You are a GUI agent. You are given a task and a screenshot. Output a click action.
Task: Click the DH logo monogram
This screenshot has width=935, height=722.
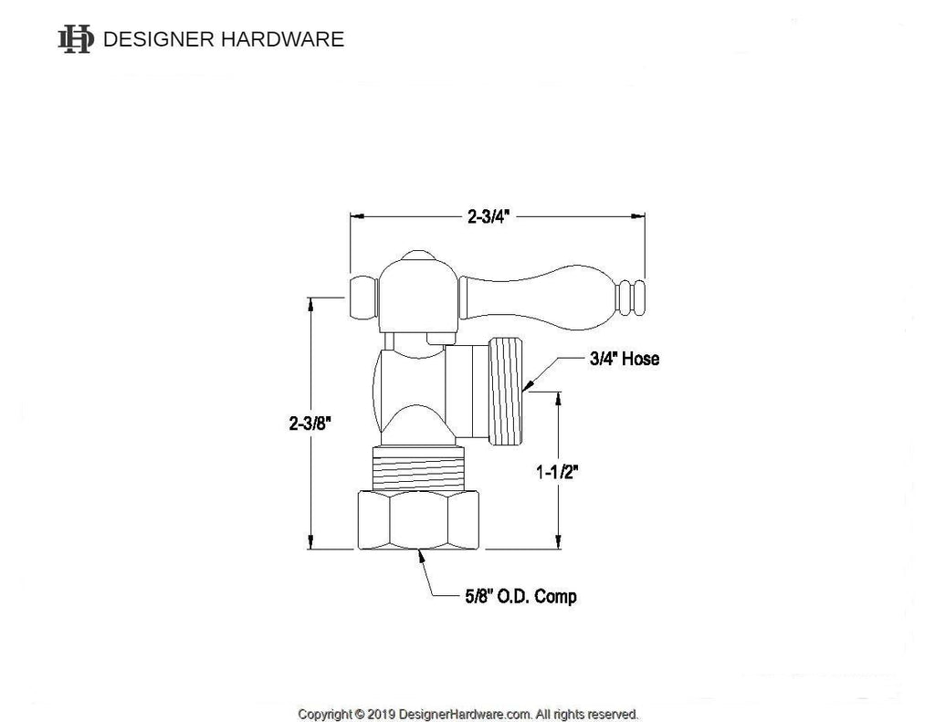76,39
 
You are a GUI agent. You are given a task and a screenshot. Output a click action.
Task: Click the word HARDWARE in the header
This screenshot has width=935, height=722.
283,39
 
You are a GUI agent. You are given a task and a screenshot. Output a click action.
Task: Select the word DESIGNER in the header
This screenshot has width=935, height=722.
159,39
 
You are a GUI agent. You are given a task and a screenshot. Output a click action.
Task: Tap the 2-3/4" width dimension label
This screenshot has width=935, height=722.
489,216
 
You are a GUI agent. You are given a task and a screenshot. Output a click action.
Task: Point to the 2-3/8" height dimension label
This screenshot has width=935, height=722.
310,424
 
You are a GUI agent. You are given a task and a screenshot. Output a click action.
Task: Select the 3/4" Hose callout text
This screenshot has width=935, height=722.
625,359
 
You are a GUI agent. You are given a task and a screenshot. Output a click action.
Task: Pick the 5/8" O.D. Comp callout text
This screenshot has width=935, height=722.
520,596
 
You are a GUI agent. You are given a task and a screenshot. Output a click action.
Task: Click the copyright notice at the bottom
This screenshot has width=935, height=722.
468,714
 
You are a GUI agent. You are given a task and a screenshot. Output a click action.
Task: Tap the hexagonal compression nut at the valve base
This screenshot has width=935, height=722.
418,520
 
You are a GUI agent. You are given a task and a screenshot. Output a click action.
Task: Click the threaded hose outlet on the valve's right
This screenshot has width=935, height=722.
506,391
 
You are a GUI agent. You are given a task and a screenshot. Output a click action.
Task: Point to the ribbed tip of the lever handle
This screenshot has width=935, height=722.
631,297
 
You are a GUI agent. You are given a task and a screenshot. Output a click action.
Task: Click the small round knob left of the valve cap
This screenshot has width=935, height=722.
363,298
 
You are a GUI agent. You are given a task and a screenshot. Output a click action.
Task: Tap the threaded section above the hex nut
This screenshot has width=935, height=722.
418,468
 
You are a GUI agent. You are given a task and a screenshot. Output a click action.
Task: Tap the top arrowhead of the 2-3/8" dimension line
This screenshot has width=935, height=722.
310,304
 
